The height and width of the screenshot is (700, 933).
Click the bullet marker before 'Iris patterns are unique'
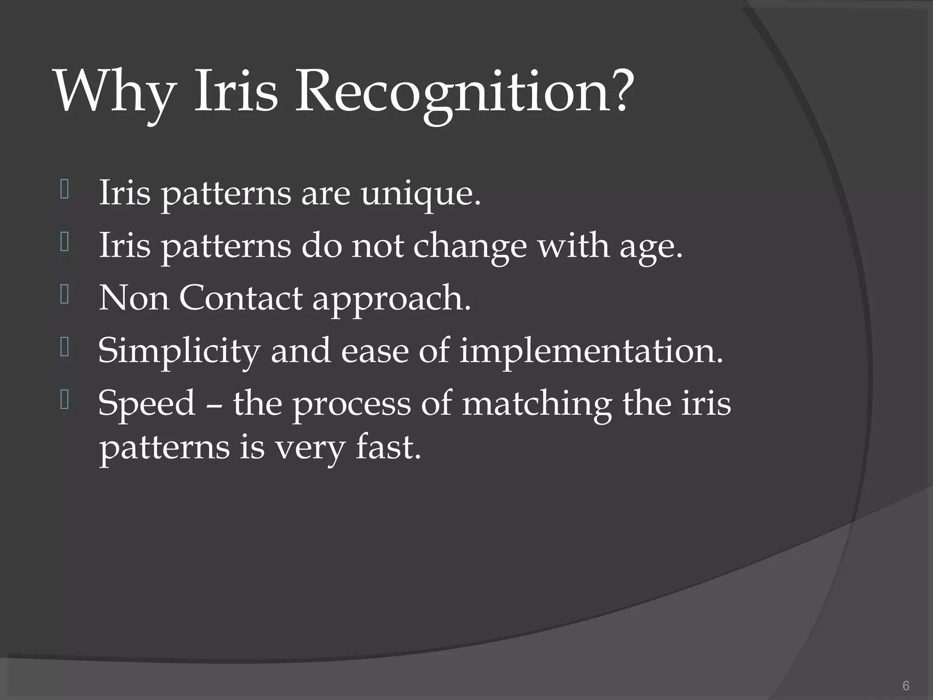click(64, 190)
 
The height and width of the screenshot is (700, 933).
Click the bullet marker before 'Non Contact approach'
click(64, 295)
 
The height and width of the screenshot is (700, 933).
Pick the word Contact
click(240, 299)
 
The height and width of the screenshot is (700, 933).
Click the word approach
click(391, 301)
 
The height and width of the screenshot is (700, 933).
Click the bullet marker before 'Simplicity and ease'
click(64, 348)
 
